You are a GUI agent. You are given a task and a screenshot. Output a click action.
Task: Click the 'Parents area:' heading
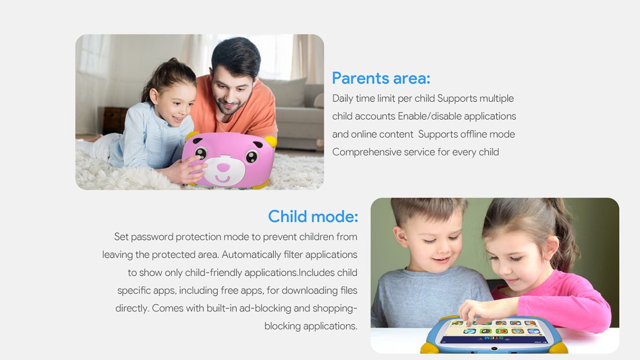click(x=381, y=78)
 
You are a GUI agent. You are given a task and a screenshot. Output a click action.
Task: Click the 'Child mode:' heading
click(x=313, y=217)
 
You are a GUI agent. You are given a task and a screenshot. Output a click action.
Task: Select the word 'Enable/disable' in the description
click(x=430, y=116)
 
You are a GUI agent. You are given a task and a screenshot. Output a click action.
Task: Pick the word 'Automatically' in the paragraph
click(x=251, y=255)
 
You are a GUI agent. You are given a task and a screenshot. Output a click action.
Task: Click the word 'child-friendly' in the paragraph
click(x=214, y=272)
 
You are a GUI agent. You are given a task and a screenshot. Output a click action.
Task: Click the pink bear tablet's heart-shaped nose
click(x=223, y=167)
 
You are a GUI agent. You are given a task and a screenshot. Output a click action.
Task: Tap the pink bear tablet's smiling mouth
click(x=223, y=179)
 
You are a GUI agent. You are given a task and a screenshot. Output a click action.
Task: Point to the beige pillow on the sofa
click(x=286, y=92)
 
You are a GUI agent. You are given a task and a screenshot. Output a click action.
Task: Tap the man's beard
click(x=229, y=107)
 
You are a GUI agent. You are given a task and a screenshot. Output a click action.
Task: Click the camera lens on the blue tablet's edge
click(x=494, y=349)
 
